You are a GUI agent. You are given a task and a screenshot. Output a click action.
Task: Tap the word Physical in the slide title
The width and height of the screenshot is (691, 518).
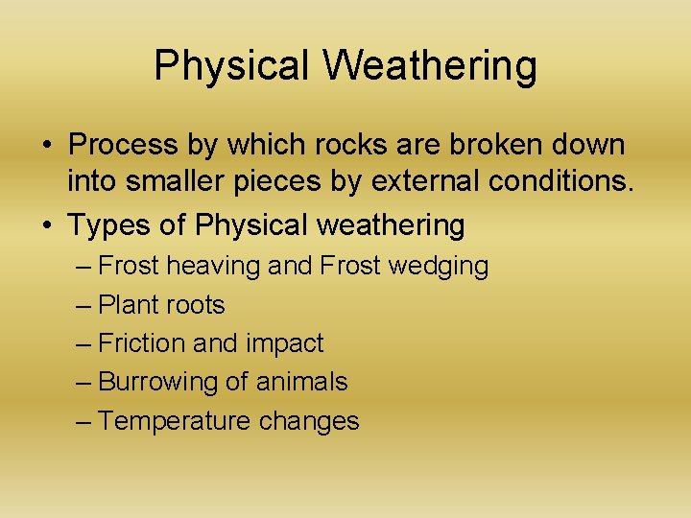230,66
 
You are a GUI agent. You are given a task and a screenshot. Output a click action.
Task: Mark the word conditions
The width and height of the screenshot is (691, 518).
564,184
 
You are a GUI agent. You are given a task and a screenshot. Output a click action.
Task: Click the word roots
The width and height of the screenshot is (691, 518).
197,305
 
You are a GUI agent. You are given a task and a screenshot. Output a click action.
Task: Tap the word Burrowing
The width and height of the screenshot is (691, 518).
157,382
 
